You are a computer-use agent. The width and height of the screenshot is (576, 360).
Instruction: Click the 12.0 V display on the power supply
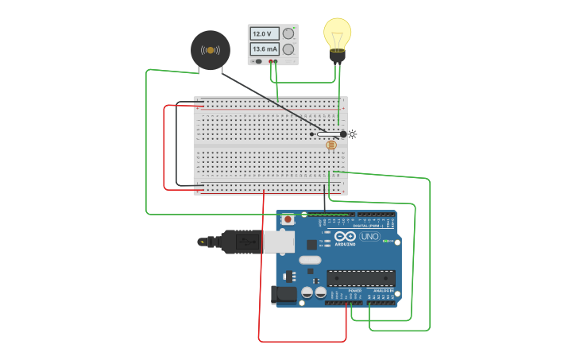tap(264, 34)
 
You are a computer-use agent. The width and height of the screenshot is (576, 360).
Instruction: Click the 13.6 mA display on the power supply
tap(264, 49)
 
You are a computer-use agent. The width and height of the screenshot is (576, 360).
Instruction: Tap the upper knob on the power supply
tap(288, 33)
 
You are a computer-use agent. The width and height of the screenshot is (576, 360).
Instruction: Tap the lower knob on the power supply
tap(288, 49)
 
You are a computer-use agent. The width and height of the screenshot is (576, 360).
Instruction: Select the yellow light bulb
tap(337, 33)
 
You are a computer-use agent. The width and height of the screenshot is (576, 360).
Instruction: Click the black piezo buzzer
tap(211, 50)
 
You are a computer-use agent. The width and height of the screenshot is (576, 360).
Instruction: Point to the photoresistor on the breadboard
tap(331, 145)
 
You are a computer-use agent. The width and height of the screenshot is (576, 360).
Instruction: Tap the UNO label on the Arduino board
tap(369, 236)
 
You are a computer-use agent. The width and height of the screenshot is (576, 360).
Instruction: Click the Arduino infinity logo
tap(346, 236)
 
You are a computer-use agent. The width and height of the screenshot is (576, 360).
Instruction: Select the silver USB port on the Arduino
tap(279, 242)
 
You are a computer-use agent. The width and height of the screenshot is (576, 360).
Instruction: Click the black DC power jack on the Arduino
tap(284, 295)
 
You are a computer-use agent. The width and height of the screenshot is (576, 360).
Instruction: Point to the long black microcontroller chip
tap(361, 278)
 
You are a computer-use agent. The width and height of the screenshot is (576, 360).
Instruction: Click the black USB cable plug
tap(238, 242)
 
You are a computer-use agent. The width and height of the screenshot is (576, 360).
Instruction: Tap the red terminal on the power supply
tap(270, 61)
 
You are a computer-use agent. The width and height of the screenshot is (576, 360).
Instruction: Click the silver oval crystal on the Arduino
tap(310, 260)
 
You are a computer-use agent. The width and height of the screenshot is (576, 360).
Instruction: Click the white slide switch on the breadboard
tap(327, 134)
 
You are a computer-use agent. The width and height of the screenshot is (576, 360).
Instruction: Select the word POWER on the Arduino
tap(354, 291)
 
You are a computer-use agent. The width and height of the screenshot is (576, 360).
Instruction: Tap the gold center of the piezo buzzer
tap(211, 50)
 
